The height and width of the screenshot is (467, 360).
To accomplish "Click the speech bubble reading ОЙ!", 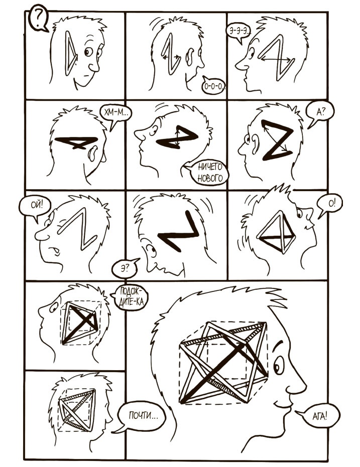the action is tap(35, 206).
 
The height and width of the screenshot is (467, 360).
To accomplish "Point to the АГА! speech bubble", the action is tap(319, 416).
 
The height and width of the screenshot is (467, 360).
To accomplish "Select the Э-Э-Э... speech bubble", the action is tap(238, 32).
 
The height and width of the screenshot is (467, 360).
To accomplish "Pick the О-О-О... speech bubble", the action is tap(213, 86).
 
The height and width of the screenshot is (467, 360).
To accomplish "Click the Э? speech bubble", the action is tap(125, 269).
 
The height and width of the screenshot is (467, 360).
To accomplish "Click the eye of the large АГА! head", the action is tap(278, 365).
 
